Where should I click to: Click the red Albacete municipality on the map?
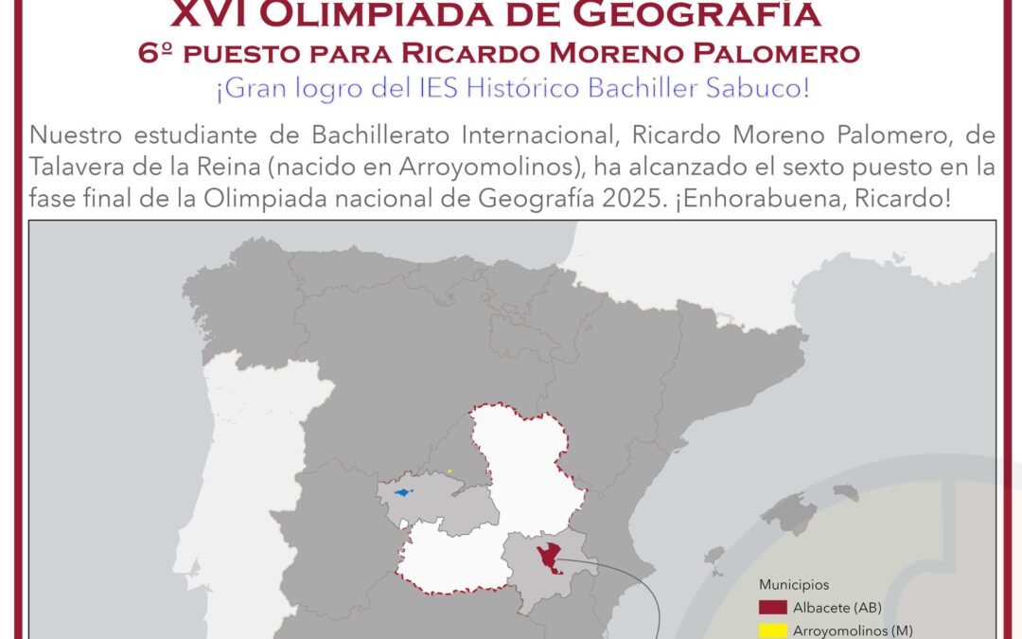546,557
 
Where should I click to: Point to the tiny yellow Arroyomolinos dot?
449,471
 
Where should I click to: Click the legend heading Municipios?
794,585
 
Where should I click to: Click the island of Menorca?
845,492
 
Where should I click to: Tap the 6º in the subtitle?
154,54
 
